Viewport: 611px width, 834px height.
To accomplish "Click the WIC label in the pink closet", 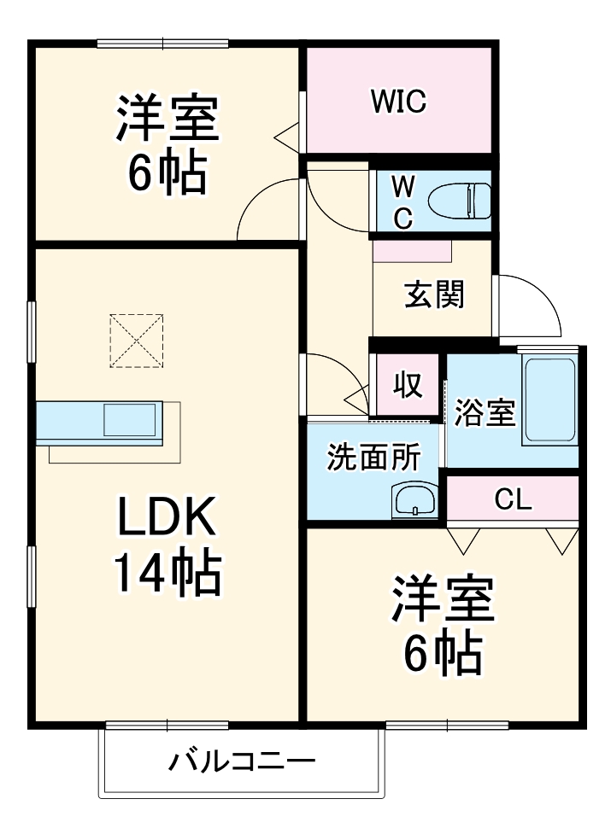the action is tap(399, 101).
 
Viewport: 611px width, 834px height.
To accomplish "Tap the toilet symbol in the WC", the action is tap(459, 201).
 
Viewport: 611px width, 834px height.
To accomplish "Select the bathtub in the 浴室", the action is tap(549, 400).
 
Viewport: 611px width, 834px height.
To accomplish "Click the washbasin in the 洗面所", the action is tap(414, 500).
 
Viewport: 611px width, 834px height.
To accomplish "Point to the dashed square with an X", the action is tap(136, 341).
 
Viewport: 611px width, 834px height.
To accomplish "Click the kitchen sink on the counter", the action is tap(129, 420).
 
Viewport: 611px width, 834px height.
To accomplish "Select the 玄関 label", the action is tap(434, 295).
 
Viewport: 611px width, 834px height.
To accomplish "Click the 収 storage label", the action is tap(408, 384).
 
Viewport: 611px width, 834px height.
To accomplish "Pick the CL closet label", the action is tap(513, 499).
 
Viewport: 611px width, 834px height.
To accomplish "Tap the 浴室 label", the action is tap(485, 413).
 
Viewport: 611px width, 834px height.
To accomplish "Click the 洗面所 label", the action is tap(373, 457).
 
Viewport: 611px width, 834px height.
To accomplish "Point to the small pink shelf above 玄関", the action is tap(412, 251).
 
